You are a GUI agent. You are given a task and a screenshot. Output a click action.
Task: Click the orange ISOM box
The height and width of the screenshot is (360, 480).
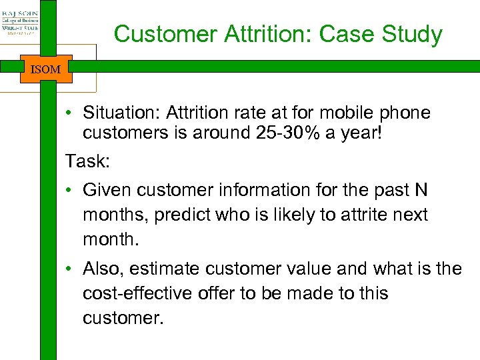45,69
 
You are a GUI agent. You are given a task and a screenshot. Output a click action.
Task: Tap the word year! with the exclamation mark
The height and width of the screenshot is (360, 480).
361,133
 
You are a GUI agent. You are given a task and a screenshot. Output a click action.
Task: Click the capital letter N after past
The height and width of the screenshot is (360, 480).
421,191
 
